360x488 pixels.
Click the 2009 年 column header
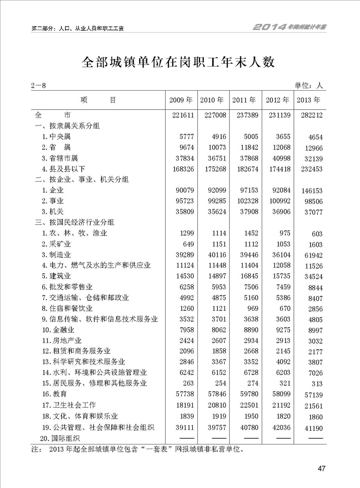pyautogui.click(x=180, y=100)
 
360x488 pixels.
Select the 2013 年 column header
pyautogui.click(x=308, y=100)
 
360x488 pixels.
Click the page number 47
pyautogui.click(x=322, y=469)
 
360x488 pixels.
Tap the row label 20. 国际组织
pyautogui.click(x=59, y=438)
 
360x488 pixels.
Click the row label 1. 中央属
pyautogui.click(x=56, y=136)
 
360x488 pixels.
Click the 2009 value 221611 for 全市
pyautogui.click(x=183, y=115)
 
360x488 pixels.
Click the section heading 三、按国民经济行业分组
pyautogui.click(x=74, y=222)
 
